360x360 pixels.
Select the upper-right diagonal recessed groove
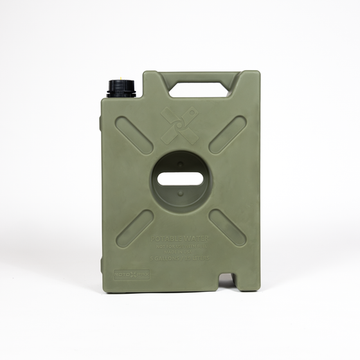[x=227, y=134]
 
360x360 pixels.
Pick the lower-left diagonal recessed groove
[x=134, y=228]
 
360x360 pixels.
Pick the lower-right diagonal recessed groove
[x=227, y=228]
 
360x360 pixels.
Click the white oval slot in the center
[x=181, y=178]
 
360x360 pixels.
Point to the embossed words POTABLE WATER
[x=181, y=239]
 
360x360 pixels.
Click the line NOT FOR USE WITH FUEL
[x=181, y=245]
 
